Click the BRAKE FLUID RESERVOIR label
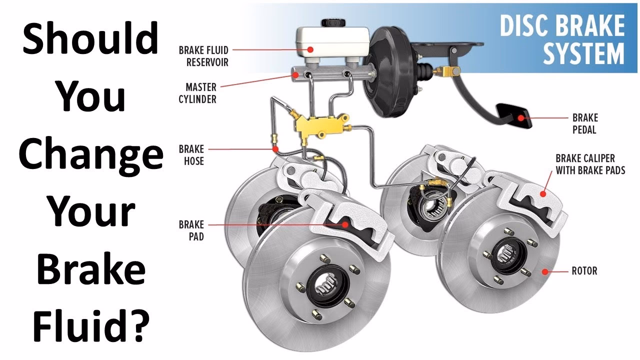[203, 56]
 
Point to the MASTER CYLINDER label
[197, 93]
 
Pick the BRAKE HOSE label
[191, 155]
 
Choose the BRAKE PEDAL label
[585, 124]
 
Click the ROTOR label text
[584, 271]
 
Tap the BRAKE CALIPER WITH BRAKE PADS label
[590, 164]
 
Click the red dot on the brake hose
[275, 149]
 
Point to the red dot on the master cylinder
[295, 75]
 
